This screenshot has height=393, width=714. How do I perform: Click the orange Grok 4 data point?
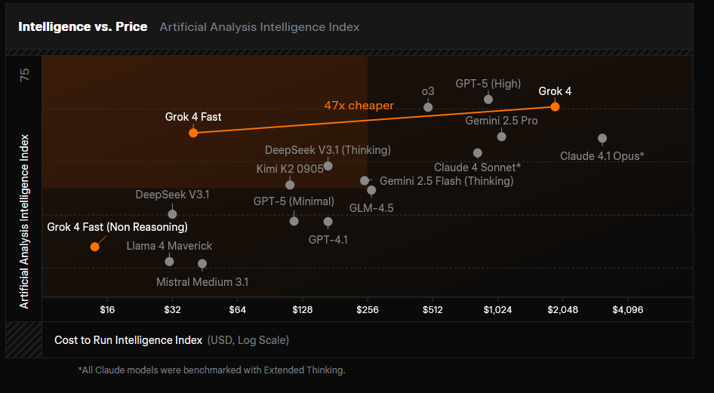(x=555, y=106)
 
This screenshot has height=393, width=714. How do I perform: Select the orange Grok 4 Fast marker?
(x=193, y=133)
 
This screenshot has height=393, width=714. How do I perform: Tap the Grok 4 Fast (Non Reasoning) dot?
(x=94, y=246)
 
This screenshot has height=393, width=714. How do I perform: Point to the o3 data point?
(x=428, y=107)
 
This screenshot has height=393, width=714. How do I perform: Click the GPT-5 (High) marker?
(x=488, y=100)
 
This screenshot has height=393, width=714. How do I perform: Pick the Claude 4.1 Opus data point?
(x=602, y=139)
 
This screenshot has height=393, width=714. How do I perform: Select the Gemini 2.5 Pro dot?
(x=501, y=137)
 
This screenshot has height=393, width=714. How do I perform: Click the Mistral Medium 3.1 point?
(x=202, y=264)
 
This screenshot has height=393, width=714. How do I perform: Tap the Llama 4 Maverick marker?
(x=169, y=261)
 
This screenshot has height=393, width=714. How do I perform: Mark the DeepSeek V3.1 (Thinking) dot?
(x=328, y=166)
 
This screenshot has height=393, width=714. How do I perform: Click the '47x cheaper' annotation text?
(x=359, y=106)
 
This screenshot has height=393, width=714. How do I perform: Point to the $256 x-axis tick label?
(x=368, y=309)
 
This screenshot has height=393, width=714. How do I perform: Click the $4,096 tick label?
(x=627, y=309)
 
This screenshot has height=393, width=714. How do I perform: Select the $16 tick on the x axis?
(x=107, y=309)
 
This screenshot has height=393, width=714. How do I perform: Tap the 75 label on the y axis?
(x=25, y=75)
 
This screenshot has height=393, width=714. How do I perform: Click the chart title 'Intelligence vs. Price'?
(x=83, y=26)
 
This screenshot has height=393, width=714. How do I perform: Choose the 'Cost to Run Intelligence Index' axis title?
(x=128, y=340)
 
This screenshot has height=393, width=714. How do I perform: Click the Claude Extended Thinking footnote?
(x=211, y=370)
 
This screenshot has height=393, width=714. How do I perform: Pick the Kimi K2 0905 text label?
(x=290, y=168)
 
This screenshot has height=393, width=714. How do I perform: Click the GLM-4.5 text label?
(x=371, y=207)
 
